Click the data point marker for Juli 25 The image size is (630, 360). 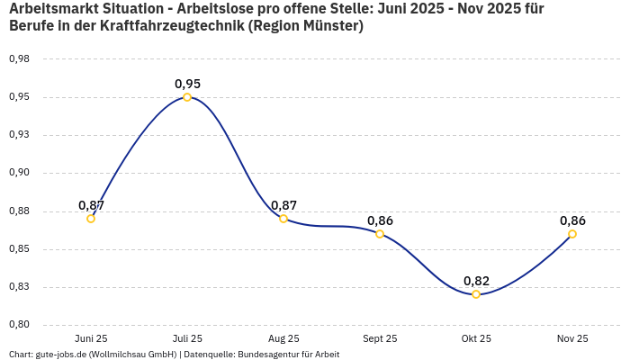pyautogui.click(x=187, y=97)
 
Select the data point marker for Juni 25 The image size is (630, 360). pyautogui.click(x=91, y=219)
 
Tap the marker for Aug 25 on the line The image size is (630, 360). pyautogui.click(x=283, y=219)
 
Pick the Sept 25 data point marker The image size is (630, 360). pyautogui.click(x=380, y=234)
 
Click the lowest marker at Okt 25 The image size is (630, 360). pyautogui.click(x=476, y=294)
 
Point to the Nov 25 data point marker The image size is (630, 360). pyautogui.click(x=572, y=234)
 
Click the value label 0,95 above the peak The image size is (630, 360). pyautogui.click(x=187, y=84)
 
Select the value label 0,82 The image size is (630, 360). pyautogui.click(x=476, y=281)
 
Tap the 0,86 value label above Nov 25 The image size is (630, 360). pyautogui.click(x=572, y=220)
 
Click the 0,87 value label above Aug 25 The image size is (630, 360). pyautogui.click(x=283, y=205)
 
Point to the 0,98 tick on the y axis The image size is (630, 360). pyautogui.click(x=19, y=59)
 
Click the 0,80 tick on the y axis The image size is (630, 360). pyautogui.click(x=19, y=325)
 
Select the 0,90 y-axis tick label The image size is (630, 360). pyautogui.click(x=19, y=173)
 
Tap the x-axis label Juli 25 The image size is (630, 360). pyautogui.click(x=187, y=338)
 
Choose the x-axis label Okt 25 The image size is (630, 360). pyautogui.click(x=476, y=338)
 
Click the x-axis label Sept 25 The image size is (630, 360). pyautogui.click(x=380, y=338)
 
